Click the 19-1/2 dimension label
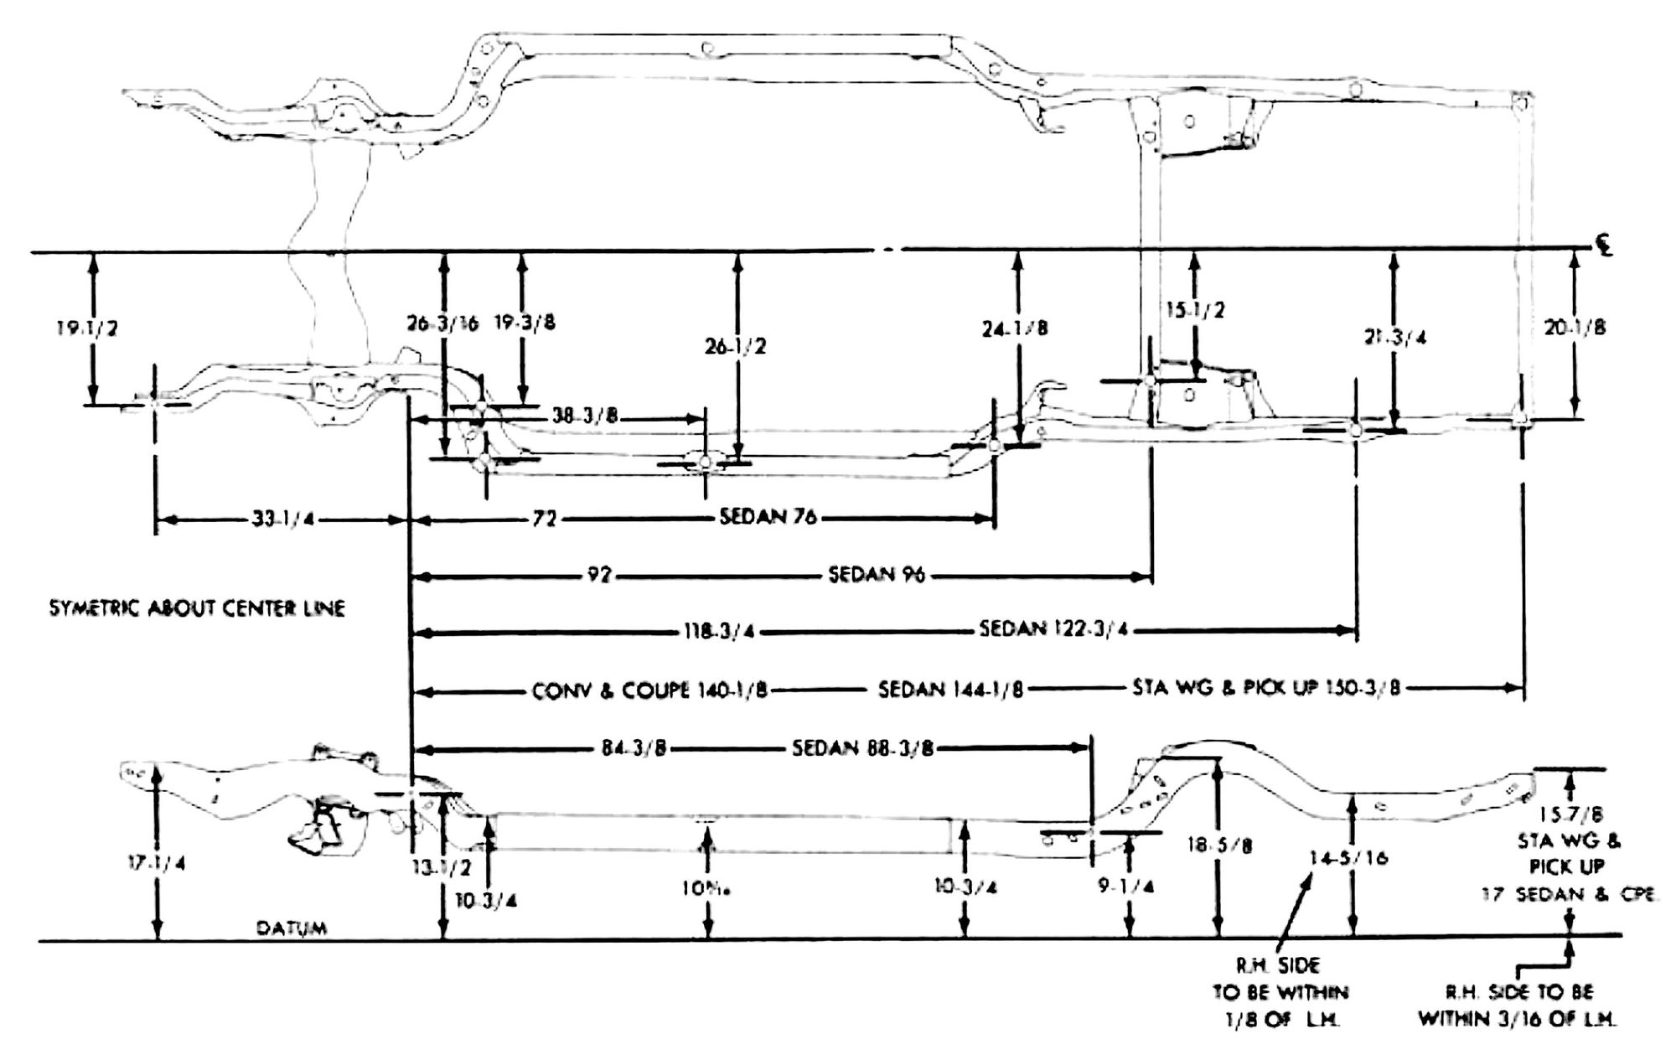[87, 328]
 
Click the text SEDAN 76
[768, 517]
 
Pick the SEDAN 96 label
[877, 576]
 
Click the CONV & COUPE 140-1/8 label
[649, 690]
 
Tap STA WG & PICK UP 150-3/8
[1265, 689]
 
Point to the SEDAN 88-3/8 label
[862, 747]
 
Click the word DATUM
[292, 928]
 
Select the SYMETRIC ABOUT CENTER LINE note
[197, 608]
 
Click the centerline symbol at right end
[1603, 248]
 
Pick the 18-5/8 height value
[1219, 845]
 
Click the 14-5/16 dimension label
[1348, 857]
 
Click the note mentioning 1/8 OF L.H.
[1280, 994]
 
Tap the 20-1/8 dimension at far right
[1575, 328]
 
